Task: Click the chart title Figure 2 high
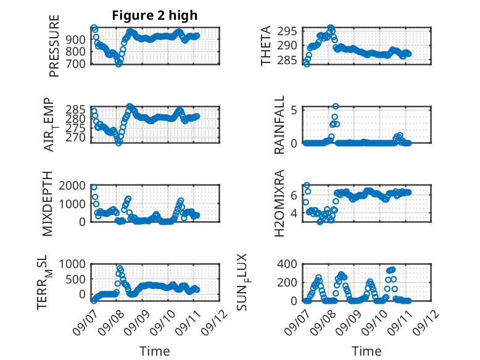point(155,15)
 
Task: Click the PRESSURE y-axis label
point(54,46)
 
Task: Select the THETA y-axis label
point(266,46)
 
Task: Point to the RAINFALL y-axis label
point(279,125)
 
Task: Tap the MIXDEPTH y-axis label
point(48,204)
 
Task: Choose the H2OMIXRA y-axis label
point(279,203)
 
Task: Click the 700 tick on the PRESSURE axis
point(76,64)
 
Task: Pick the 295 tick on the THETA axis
point(287,31)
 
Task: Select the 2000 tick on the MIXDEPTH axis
point(72,185)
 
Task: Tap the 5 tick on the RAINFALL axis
point(294,110)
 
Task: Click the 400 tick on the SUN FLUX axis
point(287,264)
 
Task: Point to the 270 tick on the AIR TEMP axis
point(76,138)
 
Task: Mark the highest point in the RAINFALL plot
point(336,106)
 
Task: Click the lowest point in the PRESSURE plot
point(119,64)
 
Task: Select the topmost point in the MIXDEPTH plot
point(94,187)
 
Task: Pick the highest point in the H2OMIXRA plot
point(307,185)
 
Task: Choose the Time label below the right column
point(366,351)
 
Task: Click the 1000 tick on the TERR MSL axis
point(72,264)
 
